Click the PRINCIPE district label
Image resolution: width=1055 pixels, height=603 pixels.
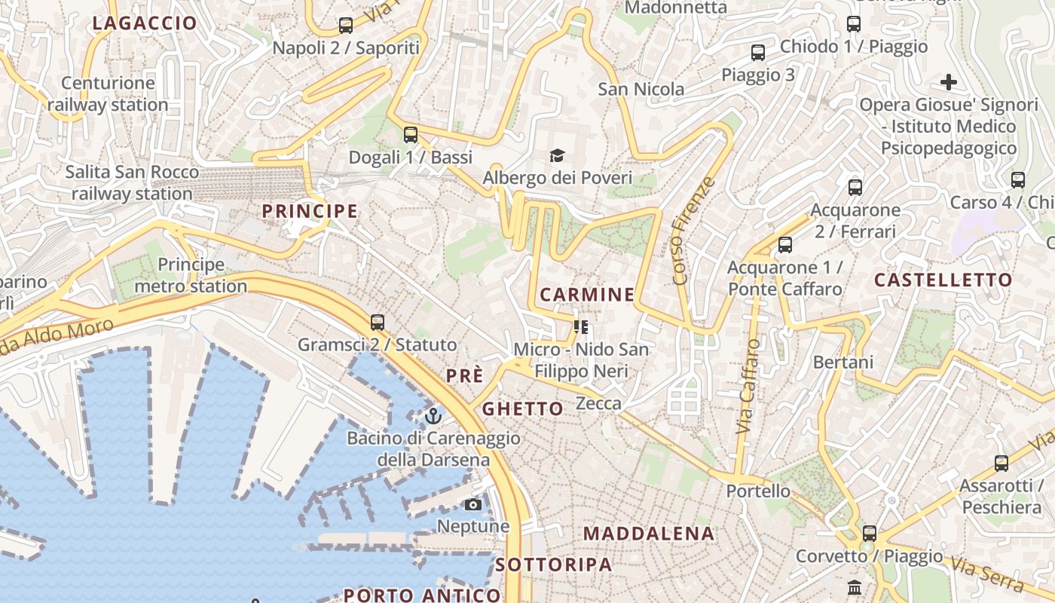pos(310,211)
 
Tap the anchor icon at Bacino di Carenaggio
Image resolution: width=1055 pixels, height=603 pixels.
pos(433,415)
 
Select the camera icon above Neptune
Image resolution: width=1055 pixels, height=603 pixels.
pos(473,504)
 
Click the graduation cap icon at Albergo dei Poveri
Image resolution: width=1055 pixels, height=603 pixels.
pos(557,156)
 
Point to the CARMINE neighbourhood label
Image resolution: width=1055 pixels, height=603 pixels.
pos(587,295)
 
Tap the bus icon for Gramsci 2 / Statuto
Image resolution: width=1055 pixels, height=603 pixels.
pos(378,323)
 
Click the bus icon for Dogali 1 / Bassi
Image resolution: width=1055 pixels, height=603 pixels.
pos(410,135)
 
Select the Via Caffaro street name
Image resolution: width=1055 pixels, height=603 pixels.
pos(748,386)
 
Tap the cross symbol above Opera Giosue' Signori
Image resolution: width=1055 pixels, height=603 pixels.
pos(949,82)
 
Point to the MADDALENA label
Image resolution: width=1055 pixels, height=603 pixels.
pos(649,534)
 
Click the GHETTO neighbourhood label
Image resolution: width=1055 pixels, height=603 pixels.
pos(522,409)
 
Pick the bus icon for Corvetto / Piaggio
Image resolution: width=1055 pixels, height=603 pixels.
pos(870,534)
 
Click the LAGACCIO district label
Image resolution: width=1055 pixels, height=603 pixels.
pos(145,23)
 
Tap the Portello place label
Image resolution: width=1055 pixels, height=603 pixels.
pos(758,491)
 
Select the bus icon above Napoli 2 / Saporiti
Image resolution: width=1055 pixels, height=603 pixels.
pos(345,26)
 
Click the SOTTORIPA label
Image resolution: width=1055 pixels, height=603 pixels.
pos(554,565)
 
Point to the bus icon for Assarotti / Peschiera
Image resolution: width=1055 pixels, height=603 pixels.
pos(1001,464)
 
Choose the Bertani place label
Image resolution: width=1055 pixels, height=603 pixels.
pos(843,363)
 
